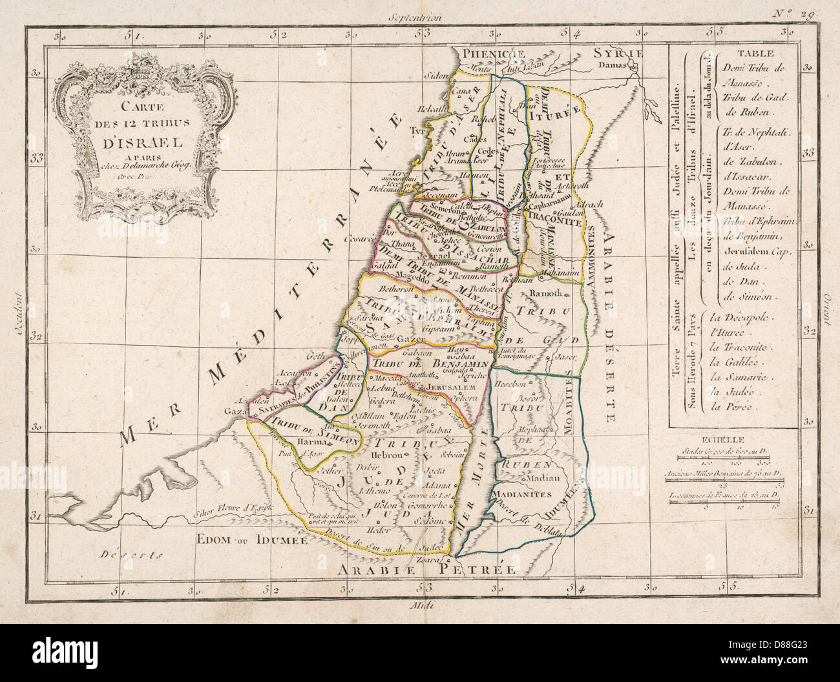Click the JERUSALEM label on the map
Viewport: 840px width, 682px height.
[x=446, y=387]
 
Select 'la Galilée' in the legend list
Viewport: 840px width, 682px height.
[x=731, y=364]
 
